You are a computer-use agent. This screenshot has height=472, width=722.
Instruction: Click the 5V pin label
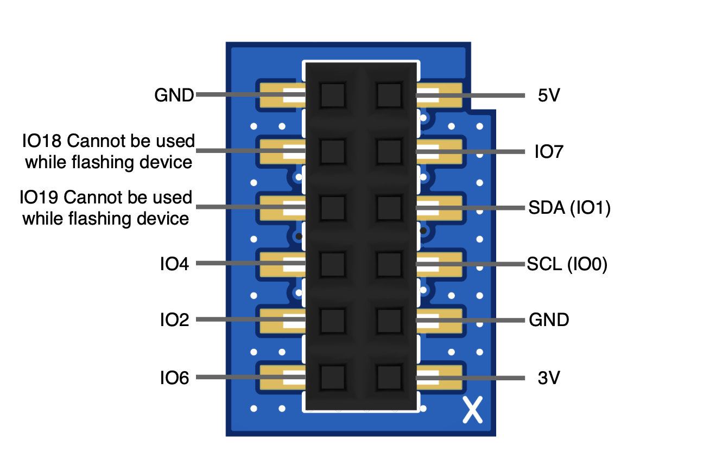tap(549, 96)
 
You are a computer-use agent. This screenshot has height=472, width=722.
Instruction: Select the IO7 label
tap(549, 152)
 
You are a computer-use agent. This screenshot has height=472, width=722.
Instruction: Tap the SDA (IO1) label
tap(569, 208)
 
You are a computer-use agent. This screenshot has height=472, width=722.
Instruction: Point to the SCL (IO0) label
tap(567, 264)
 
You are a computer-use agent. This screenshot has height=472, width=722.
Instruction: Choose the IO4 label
tap(174, 264)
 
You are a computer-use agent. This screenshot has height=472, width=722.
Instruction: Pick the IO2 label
tap(174, 320)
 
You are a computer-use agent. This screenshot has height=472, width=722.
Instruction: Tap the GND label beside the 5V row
tap(174, 96)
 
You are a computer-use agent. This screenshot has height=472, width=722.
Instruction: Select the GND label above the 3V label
tap(549, 320)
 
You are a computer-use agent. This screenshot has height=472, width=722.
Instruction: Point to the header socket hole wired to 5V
tap(389, 95)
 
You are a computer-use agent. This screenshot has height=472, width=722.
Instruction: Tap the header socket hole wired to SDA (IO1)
tap(389, 208)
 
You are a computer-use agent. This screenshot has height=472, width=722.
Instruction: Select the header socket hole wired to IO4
tap(332, 264)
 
